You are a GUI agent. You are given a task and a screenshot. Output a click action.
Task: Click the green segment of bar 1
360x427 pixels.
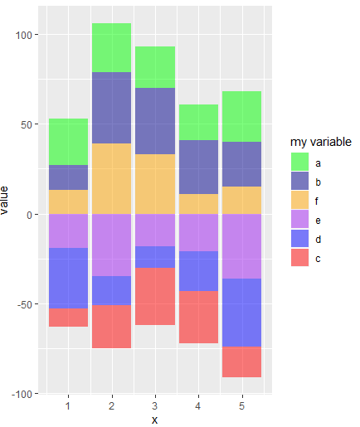[68, 142]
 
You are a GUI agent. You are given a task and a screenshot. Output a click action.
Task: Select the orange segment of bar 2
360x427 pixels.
[111, 178]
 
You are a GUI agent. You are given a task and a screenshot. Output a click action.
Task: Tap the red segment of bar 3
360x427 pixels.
[154, 296]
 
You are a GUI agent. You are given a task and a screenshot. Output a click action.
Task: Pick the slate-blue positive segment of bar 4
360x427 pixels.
[197, 167]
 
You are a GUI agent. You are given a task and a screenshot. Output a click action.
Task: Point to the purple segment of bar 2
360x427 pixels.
[111, 245]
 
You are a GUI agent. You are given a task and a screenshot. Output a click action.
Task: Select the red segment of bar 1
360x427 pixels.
[68, 317]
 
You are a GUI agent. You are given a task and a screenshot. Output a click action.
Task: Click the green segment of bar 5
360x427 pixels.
[241, 116]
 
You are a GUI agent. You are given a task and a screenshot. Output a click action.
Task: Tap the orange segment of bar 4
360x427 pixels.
[197, 204]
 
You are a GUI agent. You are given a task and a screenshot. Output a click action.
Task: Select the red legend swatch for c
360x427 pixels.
[298, 258]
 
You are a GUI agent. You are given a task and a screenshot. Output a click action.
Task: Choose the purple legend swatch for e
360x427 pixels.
[298, 220]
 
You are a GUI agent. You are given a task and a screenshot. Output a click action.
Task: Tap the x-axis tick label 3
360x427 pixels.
[154, 405]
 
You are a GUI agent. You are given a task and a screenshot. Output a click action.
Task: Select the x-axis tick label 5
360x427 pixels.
[241, 405]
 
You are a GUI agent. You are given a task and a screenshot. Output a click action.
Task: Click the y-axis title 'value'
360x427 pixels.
[7, 201]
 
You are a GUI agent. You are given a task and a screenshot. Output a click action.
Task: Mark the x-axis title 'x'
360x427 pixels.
[154, 420]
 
